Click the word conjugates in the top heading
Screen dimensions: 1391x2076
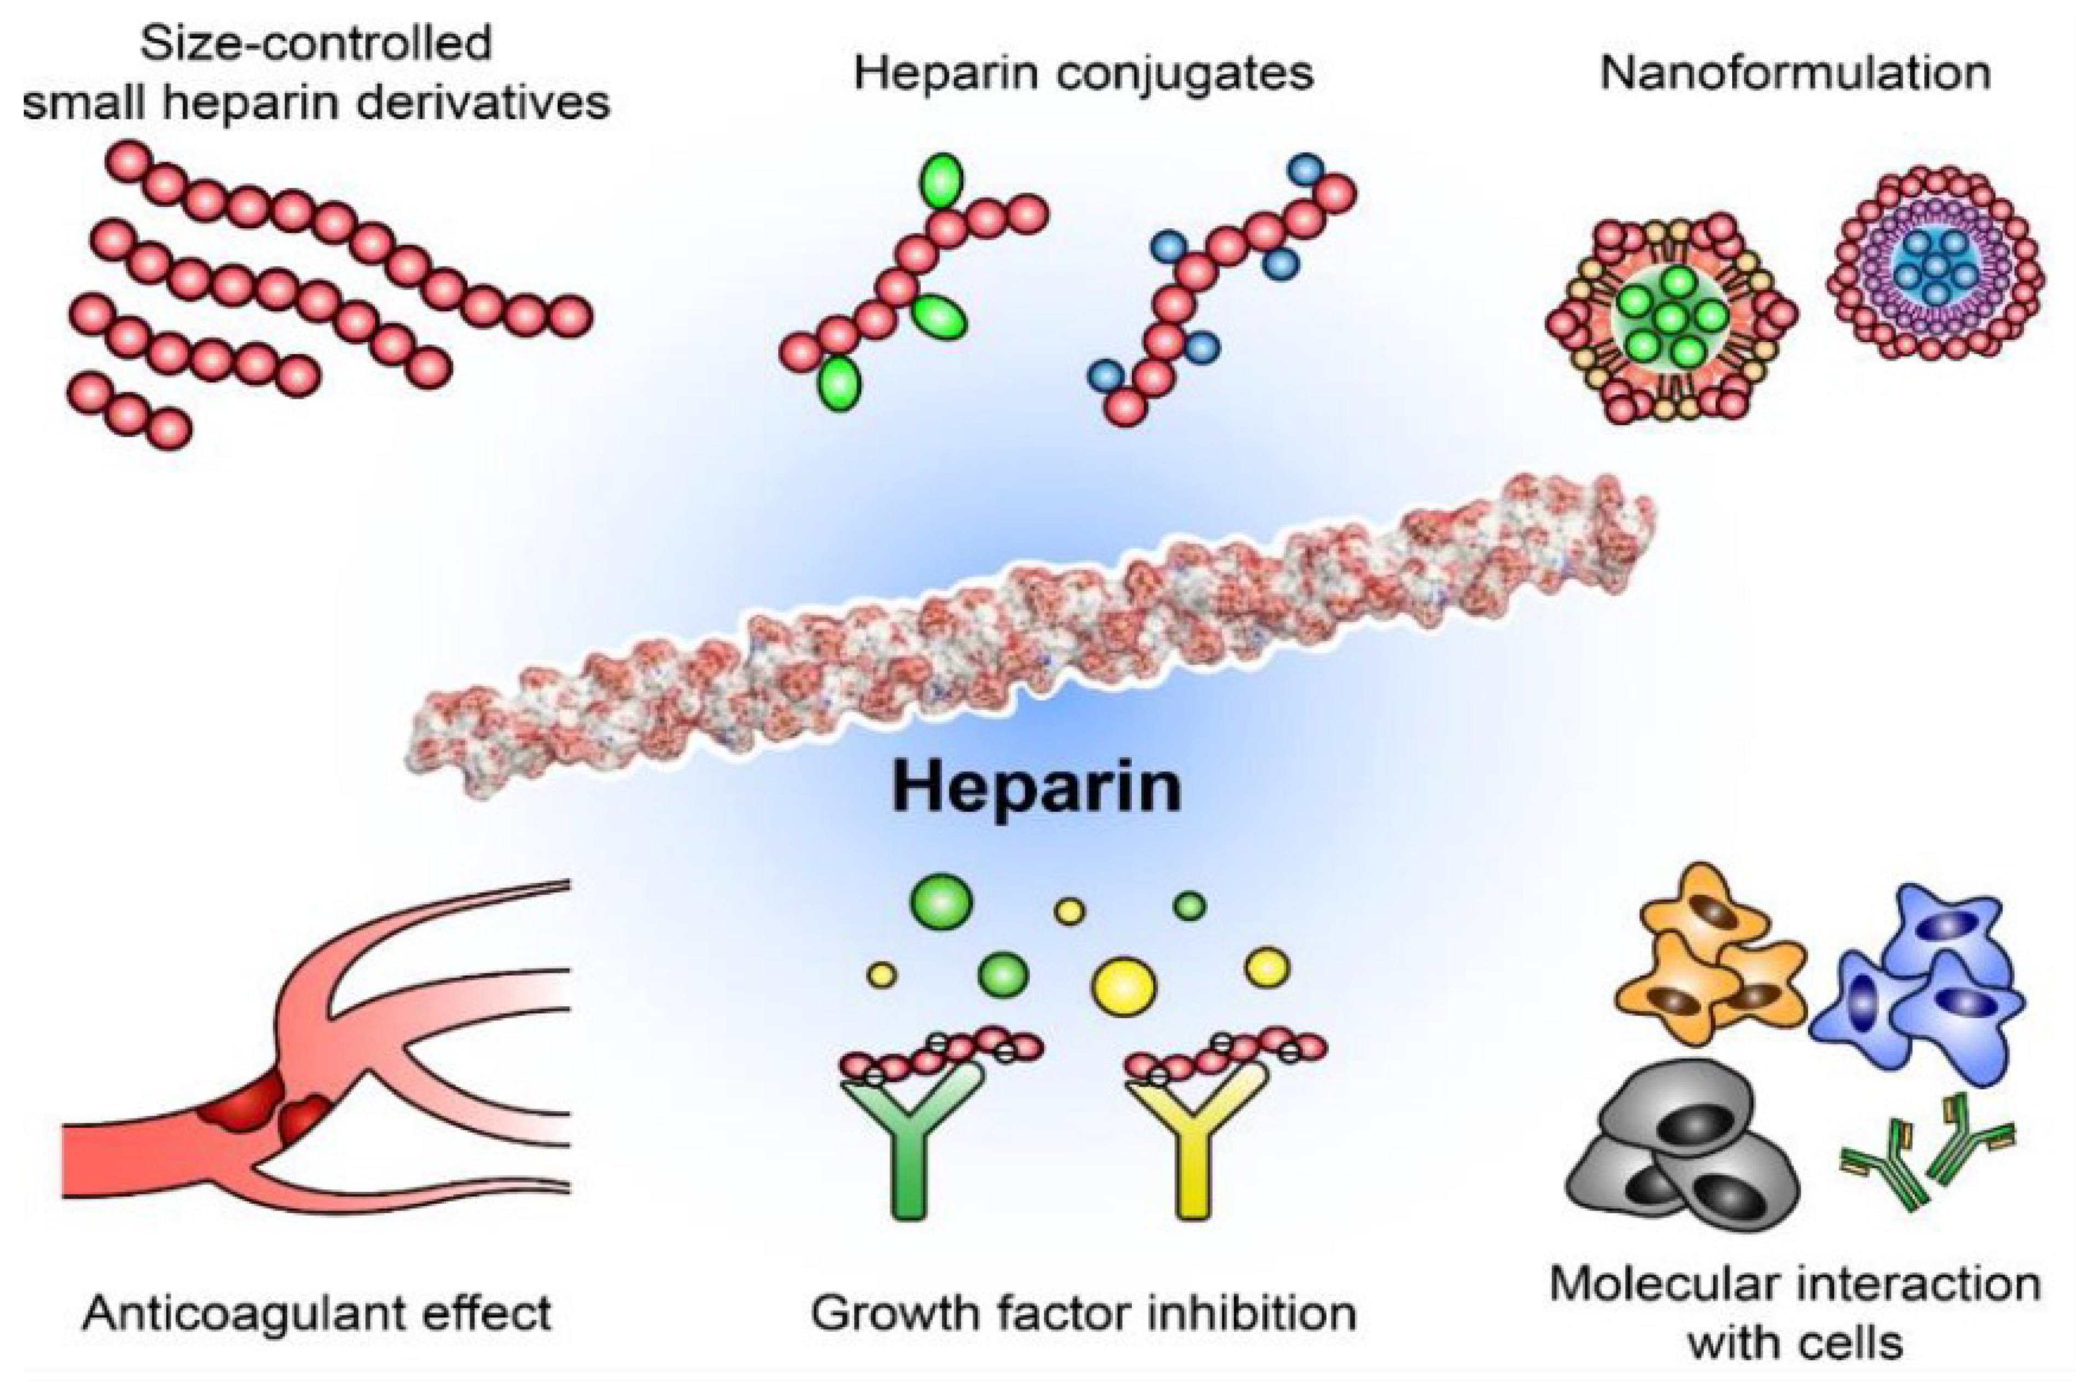[x=1186, y=73]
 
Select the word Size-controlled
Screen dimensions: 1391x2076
[x=316, y=43]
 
